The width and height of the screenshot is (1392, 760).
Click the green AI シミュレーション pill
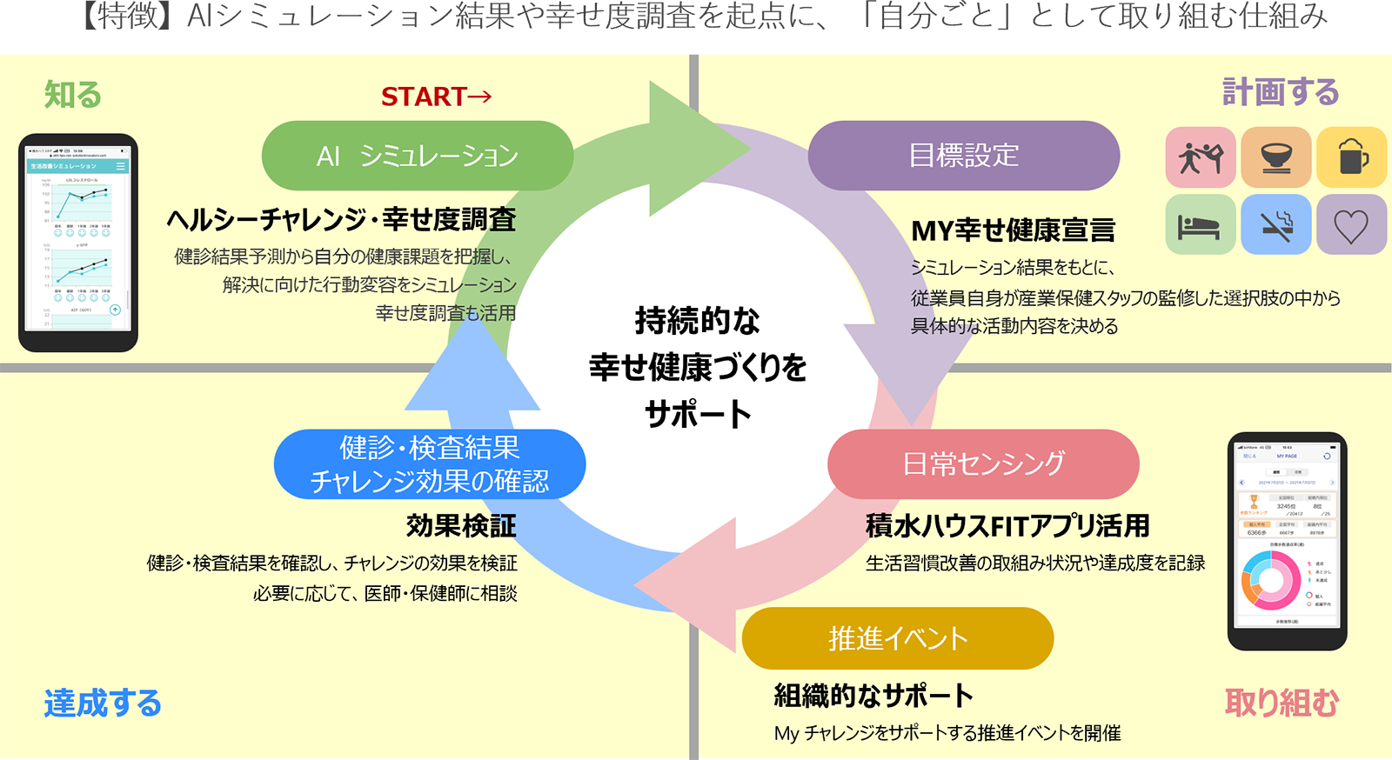pos(417,156)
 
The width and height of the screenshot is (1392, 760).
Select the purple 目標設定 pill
pos(963,156)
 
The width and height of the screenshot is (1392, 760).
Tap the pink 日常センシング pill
pos(983,463)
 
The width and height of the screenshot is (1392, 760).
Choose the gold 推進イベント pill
pos(897,638)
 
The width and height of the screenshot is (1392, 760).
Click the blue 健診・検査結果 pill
pos(429,463)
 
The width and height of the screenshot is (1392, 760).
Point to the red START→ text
pos(436,97)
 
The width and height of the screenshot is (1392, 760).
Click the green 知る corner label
pos(73,95)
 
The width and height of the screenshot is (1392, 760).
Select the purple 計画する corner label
pos(1280,92)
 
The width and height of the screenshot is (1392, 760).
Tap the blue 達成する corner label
pos(103,703)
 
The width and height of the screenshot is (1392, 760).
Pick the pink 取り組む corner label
pos(1282,703)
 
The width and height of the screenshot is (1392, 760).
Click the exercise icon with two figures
pos(1200,157)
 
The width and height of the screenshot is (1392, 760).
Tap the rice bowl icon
pos(1275,157)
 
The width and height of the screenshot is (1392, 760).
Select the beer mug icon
pos(1351,157)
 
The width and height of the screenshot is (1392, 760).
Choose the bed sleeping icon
pos(1200,225)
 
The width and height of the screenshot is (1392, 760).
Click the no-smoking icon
pos(1275,225)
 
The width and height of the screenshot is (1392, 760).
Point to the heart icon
pos(1351,225)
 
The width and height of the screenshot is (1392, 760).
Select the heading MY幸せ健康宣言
pos(1013,230)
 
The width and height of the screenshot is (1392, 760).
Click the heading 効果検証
pos(461,526)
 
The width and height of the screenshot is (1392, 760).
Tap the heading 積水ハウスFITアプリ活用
pos(1007,526)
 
